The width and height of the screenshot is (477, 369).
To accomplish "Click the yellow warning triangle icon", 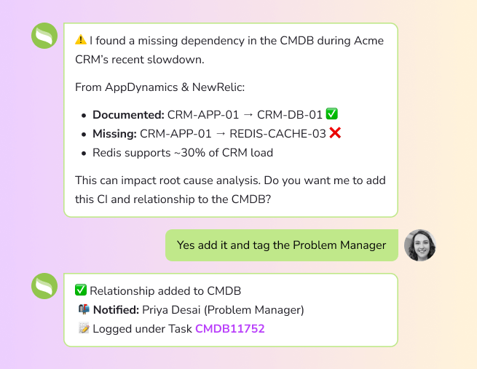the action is (81, 40).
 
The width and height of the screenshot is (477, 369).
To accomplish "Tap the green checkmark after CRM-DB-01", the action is (331, 114).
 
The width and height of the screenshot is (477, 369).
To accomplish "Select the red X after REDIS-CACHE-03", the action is (335, 133).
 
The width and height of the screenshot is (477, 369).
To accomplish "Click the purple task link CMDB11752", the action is (230, 328).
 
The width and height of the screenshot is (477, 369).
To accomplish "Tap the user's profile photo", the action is (419, 245).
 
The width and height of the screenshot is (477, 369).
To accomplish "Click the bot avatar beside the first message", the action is (44, 36).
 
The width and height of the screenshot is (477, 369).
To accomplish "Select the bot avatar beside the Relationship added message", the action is (44, 286).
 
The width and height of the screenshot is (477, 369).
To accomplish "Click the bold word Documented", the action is (128, 115).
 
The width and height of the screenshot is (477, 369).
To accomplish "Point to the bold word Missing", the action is (114, 134).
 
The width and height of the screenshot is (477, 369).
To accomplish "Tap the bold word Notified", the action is (116, 310).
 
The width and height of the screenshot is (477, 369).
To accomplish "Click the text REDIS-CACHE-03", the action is (277, 134).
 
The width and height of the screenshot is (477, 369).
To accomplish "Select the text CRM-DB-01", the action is (290, 115).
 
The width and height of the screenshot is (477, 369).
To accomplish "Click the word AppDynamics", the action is (141, 87).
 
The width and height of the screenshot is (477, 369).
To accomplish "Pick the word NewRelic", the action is (218, 87).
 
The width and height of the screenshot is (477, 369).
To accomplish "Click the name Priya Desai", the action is (171, 310).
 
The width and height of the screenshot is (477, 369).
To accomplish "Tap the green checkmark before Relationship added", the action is (81, 290).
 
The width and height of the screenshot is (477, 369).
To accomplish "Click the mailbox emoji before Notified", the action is (84, 309).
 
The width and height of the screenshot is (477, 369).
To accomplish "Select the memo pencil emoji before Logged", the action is (84, 328).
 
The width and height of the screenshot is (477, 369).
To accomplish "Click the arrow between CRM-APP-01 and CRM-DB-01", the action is (248, 115).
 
